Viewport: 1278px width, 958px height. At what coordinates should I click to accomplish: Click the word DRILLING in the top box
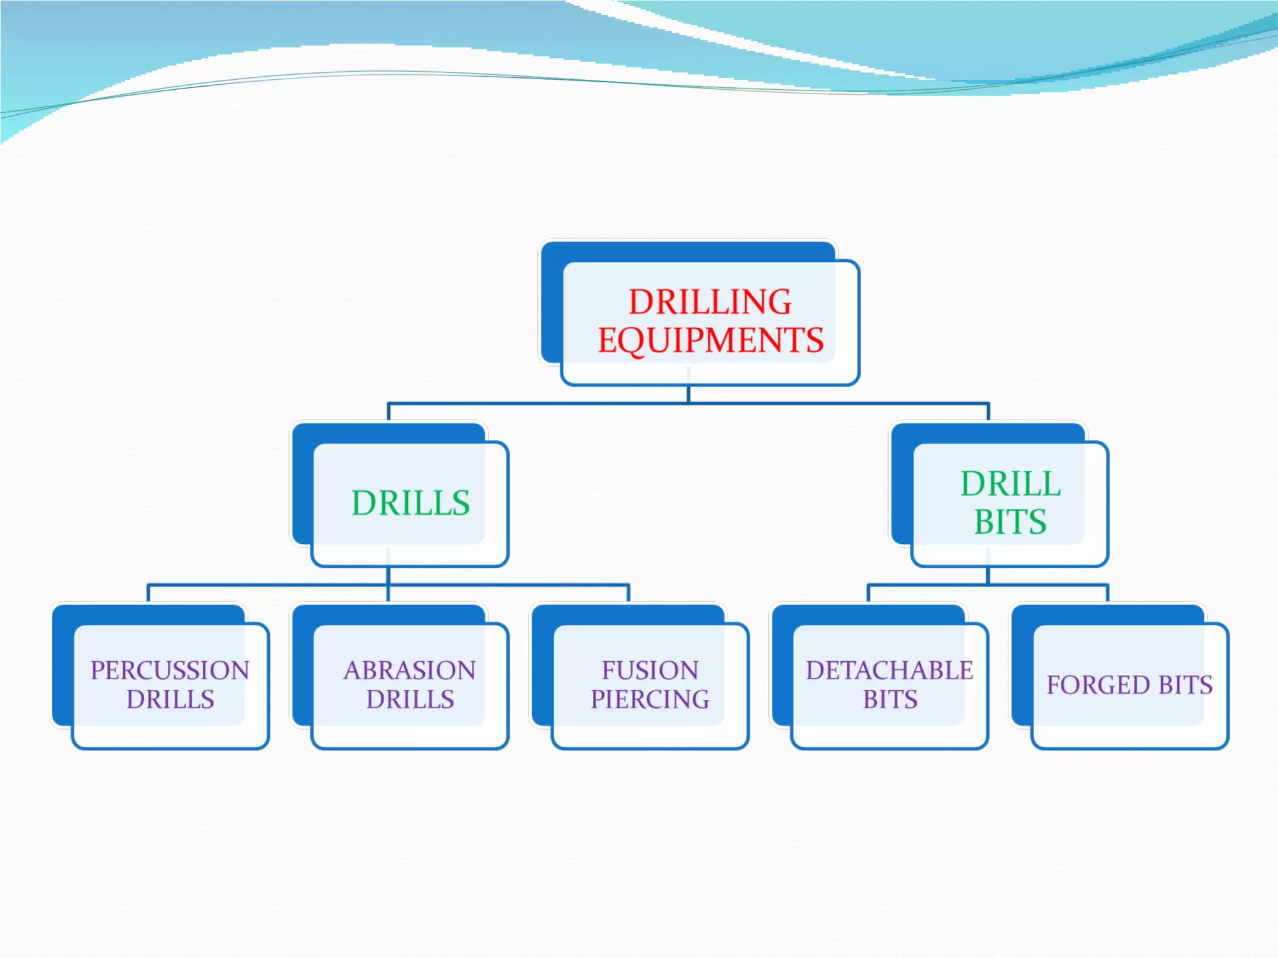tap(710, 302)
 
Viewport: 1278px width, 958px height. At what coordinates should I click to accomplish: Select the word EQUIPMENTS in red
tap(711, 341)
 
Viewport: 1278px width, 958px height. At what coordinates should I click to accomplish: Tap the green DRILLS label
tap(410, 503)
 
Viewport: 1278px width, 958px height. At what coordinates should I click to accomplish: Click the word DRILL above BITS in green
tap(1010, 484)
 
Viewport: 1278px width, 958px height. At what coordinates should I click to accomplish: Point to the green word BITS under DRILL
tap(1010, 522)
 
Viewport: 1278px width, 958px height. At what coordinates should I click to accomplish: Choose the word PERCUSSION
tap(170, 670)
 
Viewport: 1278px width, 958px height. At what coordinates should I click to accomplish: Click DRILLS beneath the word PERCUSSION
tap(170, 700)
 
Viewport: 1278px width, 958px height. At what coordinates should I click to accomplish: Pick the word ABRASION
tap(409, 670)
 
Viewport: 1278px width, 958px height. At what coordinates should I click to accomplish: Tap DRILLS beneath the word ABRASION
tap(409, 700)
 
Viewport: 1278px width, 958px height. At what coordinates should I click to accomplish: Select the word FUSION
tap(650, 670)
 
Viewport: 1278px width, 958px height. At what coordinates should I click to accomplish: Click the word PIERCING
tap(650, 700)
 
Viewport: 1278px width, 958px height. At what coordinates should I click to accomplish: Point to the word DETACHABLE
tap(889, 670)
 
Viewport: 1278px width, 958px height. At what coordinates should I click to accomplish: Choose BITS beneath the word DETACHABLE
tap(890, 700)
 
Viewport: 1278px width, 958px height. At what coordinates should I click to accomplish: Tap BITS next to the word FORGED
tap(1185, 685)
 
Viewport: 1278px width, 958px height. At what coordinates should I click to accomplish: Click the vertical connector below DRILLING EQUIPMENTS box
tap(688, 394)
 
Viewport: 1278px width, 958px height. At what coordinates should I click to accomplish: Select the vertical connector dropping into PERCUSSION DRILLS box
tap(149, 593)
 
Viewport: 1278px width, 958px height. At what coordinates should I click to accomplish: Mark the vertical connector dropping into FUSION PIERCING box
tap(628, 593)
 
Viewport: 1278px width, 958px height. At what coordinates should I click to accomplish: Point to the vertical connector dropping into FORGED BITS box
tap(1108, 593)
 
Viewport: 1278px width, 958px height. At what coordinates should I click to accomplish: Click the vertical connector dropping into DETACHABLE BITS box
tap(869, 593)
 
